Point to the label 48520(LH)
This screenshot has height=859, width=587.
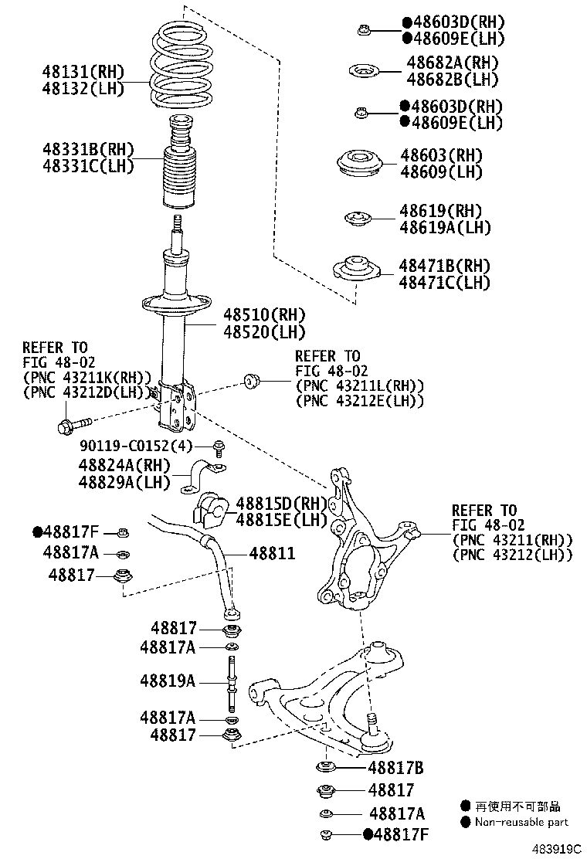pyautogui.click(x=264, y=332)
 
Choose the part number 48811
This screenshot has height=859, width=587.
pyautogui.click(x=271, y=554)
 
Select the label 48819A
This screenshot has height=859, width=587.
pyautogui.click(x=168, y=681)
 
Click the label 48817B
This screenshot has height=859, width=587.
pyautogui.click(x=395, y=768)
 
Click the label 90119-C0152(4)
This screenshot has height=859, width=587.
pyautogui.click(x=134, y=446)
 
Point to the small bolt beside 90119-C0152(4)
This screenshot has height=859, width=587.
pyautogui.click(x=219, y=446)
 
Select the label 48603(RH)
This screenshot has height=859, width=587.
pyautogui.click(x=441, y=156)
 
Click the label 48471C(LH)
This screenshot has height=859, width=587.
pyautogui.click(x=444, y=283)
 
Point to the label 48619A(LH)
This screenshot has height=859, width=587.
pyautogui.click(x=445, y=227)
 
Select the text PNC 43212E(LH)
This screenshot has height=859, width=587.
pyautogui.click(x=359, y=400)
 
